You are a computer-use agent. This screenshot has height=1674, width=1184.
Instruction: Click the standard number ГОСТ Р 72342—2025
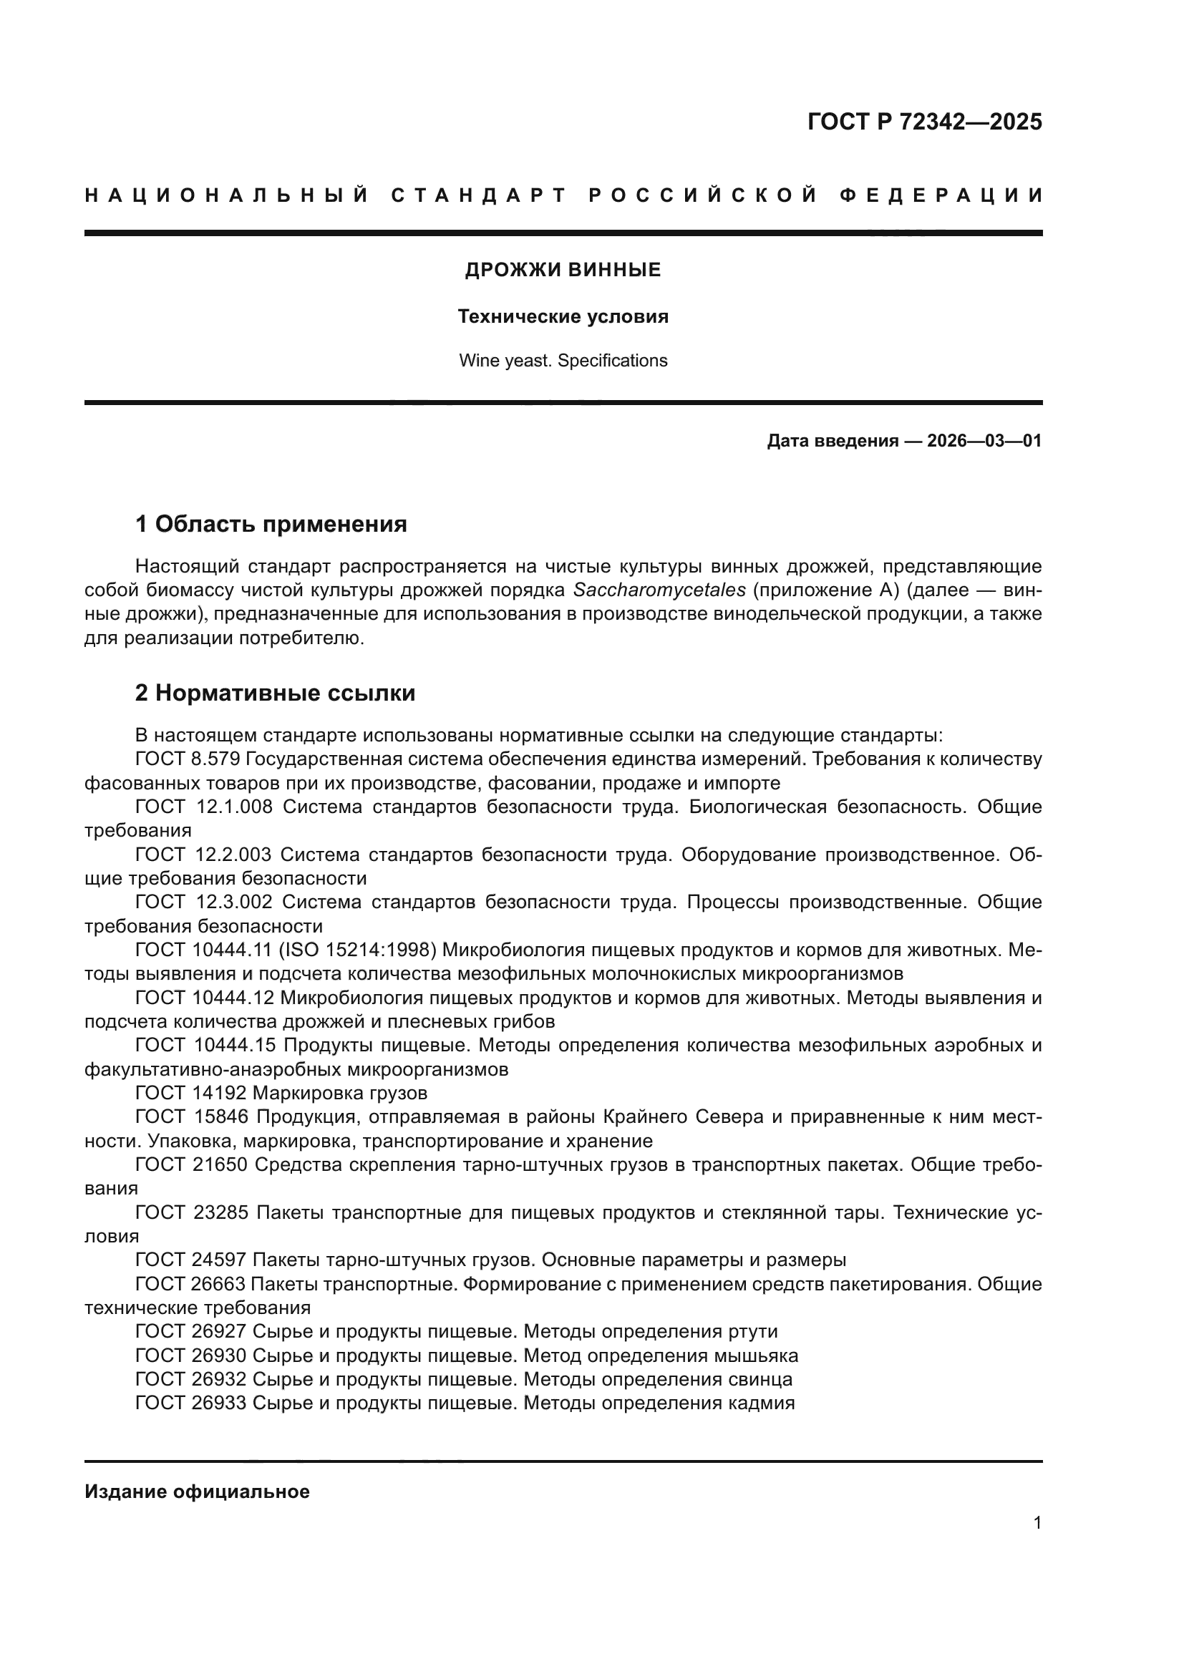point(923,122)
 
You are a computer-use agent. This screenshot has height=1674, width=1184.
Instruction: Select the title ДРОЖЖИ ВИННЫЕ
point(563,271)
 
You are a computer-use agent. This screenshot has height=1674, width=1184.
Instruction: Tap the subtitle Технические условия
point(563,317)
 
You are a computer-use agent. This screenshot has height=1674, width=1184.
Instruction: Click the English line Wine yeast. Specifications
point(563,361)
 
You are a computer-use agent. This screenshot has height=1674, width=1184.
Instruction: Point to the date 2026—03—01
point(984,441)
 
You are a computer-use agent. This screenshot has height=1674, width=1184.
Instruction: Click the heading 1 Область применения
point(271,524)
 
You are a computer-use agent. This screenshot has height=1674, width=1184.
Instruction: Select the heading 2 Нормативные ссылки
point(275,693)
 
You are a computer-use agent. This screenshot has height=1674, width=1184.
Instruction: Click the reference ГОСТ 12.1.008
point(203,807)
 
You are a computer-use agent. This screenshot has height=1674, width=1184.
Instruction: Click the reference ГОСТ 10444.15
point(205,1046)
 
